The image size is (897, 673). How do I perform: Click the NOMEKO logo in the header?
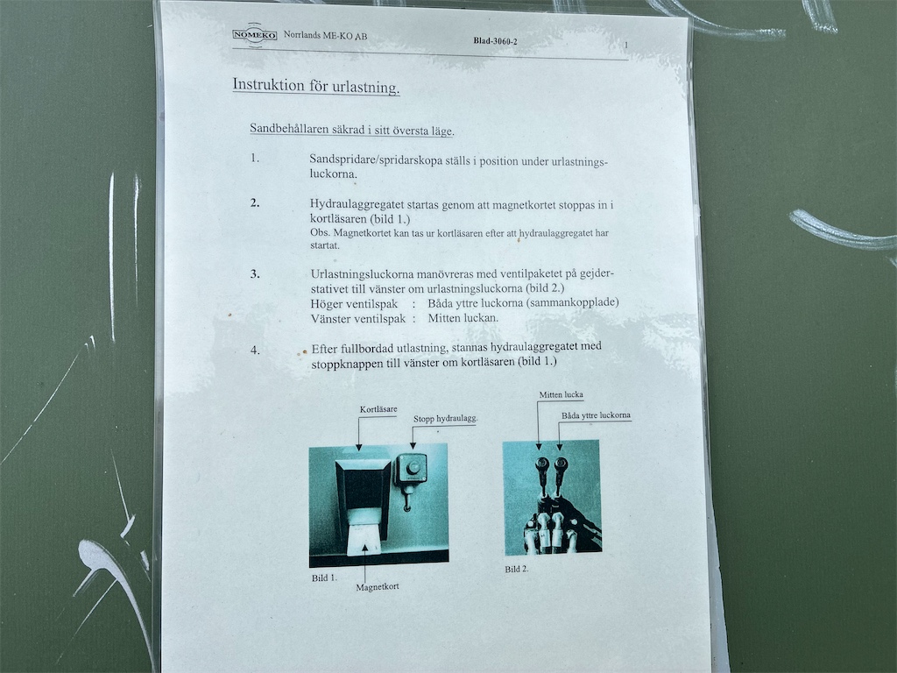[x=255, y=34]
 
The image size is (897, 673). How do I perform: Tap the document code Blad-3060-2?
[x=496, y=41]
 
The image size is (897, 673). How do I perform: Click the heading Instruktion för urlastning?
[x=315, y=86]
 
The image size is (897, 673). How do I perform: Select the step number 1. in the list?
[x=255, y=158]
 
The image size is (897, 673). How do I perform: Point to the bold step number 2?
[x=255, y=202]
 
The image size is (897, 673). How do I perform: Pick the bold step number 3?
[x=255, y=273]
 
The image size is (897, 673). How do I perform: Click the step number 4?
[x=255, y=350]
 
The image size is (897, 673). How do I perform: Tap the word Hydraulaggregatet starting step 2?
[x=357, y=204]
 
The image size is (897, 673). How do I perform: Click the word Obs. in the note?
[x=320, y=232]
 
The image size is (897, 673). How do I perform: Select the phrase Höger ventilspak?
[x=354, y=304]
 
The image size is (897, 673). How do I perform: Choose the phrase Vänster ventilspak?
[x=358, y=319]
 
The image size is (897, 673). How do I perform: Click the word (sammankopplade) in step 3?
[x=574, y=302]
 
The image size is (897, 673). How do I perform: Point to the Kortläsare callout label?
[x=378, y=409]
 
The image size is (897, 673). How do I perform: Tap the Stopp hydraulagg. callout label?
[x=446, y=418]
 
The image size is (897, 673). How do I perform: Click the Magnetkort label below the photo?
[x=378, y=586]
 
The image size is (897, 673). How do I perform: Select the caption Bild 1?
[x=324, y=578]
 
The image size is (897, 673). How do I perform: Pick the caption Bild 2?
[x=517, y=569]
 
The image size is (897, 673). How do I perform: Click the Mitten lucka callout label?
[x=562, y=394]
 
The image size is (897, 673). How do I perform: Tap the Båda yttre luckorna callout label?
[x=596, y=414]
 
